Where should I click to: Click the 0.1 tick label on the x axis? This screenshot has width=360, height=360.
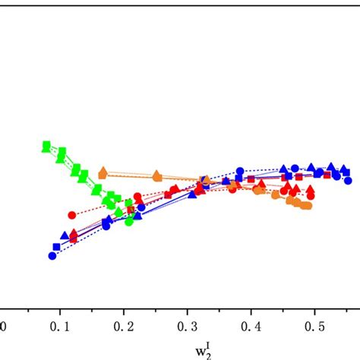[x=58, y=326]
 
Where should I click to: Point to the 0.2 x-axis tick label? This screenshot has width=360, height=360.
[x=122, y=326]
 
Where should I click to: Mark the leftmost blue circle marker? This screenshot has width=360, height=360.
[x=52, y=257]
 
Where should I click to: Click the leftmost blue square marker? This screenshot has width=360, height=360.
[x=57, y=248]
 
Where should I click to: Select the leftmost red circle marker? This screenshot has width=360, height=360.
[x=72, y=215]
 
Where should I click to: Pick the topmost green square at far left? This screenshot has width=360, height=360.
[x=46, y=145]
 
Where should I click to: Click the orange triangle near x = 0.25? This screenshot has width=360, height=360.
[x=157, y=175]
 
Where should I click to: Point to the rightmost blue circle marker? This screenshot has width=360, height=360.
[x=349, y=181]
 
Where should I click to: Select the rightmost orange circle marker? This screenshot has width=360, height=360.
[x=308, y=205]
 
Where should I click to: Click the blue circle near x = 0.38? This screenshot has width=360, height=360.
[x=240, y=172]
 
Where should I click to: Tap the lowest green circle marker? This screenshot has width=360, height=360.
[x=129, y=222]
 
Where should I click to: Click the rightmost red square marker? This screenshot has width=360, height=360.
[x=327, y=175]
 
